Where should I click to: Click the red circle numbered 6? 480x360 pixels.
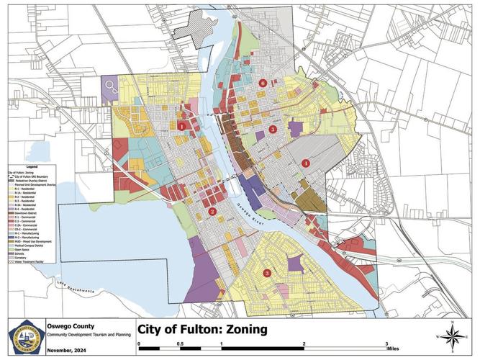click(x=263, y=83)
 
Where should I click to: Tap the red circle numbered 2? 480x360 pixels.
click(x=212, y=212)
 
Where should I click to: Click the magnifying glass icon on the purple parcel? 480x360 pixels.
click(x=110, y=88)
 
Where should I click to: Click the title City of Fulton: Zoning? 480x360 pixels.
click(x=197, y=330)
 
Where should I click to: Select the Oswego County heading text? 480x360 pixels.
click(x=69, y=324)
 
